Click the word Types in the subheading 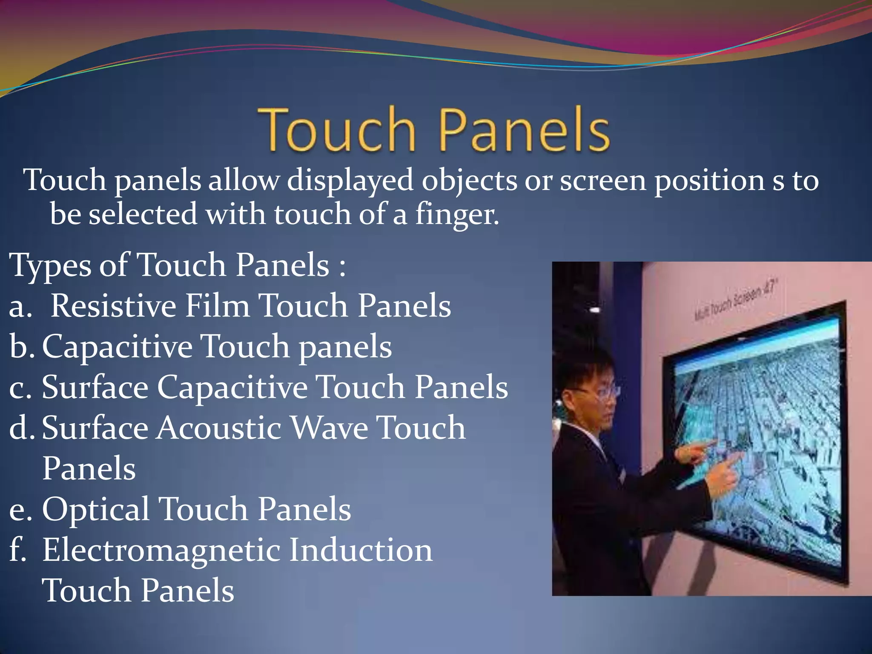click(x=50, y=266)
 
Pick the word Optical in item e click(x=95, y=509)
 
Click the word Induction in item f click(x=361, y=550)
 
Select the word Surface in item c click(x=95, y=387)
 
